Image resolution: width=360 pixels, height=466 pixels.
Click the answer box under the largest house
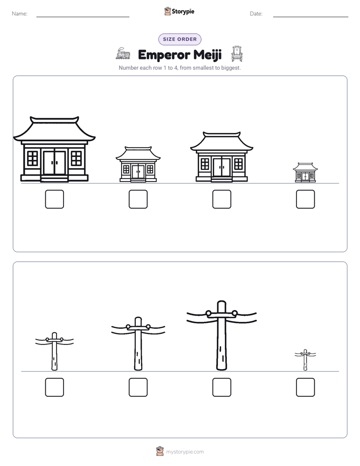tap(54, 199)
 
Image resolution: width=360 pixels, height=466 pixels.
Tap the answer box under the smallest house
tap(306, 199)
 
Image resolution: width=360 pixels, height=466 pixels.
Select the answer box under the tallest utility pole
tap(221, 387)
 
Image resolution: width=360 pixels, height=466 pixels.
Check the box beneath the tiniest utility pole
tap(306, 387)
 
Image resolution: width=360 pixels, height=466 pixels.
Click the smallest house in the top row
tap(306, 172)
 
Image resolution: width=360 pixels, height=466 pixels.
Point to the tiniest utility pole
tap(306, 360)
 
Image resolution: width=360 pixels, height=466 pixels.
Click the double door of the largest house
tap(54, 163)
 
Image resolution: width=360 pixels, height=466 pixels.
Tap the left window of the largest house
tap(33, 158)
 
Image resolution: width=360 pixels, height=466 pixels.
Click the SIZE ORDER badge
tap(179, 39)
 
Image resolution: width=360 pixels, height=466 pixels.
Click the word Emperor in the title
tap(164, 55)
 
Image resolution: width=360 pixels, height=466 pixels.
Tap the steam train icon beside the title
tap(123, 53)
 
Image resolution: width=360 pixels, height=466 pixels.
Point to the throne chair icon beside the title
tap(237, 54)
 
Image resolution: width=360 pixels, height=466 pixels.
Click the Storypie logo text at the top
tap(183, 12)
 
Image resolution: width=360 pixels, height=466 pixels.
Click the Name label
tap(20, 14)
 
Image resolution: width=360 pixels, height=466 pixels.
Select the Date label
tap(256, 14)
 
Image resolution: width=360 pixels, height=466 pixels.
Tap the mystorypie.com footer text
tap(185, 452)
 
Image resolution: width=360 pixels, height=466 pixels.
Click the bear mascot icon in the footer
tap(160, 451)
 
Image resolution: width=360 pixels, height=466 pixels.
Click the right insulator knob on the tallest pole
tap(234, 313)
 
